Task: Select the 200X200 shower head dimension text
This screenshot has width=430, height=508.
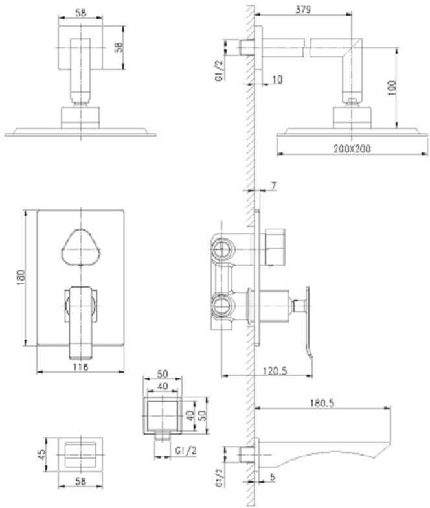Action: pyautogui.click(x=352, y=149)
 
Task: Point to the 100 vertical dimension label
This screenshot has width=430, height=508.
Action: pyautogui.click(x=392, y=88)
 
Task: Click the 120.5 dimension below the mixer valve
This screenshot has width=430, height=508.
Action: pyautogui.click(x=275, y=371)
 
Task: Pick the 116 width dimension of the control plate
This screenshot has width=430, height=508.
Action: pyautogui.click(x=80, y=367)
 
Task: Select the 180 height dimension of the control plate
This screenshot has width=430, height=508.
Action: pyautogui.click(x=21, y=277)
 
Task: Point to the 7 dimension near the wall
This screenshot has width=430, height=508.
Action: pyautogui.click(x=273, y=186)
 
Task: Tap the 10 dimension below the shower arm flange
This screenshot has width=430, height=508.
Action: pyautogui.click(x=277, y=79)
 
